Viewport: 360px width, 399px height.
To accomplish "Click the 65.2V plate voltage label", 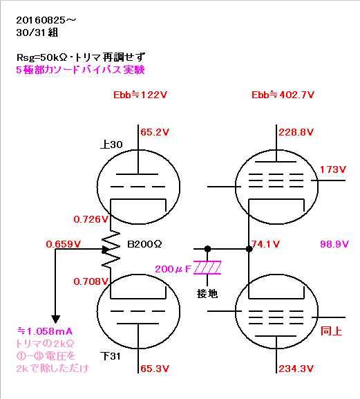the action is point(155,132).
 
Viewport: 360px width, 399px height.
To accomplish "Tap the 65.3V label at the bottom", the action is point(155,369).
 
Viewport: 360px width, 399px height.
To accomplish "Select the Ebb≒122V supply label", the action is point(140,95).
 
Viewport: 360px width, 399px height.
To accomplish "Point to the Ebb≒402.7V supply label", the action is point(283,95).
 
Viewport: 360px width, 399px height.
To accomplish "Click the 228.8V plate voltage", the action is point(296,132).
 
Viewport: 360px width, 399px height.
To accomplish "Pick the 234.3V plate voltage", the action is point(296,369).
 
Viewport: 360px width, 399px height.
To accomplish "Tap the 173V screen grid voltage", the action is point(333,169).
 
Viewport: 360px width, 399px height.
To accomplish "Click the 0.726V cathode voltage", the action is point(91,219).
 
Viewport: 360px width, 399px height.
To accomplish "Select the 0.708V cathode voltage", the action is point(91,281).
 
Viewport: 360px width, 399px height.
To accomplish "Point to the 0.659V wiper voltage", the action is point(64,244).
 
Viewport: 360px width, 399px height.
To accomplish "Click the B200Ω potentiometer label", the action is point(144,244).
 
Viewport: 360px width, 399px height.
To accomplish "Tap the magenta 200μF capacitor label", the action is point(173,269).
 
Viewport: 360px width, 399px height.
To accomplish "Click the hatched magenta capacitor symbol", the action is point(207,268).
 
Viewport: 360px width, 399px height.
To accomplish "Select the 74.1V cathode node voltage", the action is point(265,244).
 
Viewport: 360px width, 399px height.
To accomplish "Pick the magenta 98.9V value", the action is point(334,244).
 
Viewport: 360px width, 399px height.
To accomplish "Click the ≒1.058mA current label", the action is point(45,331).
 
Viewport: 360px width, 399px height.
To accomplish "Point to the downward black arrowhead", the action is point(56,319).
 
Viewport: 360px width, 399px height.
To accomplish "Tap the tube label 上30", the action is point(111,145).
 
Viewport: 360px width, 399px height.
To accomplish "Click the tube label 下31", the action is point(111,356).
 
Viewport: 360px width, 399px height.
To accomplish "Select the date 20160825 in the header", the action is point(41,20).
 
